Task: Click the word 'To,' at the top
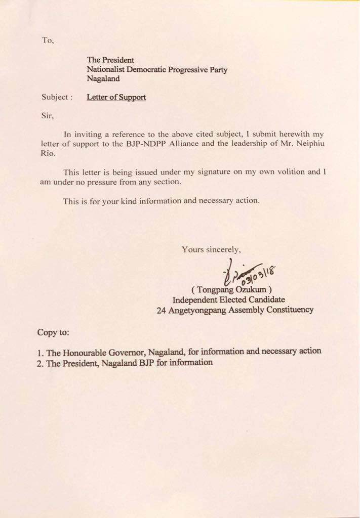pyautogui.click(x=48, y=41)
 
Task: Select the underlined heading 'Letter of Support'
pyautogui.click(x=116, y=97)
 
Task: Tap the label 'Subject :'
pyautogui.click(x=57, y=97)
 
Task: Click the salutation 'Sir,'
pyautogui.click(x=47, y=115)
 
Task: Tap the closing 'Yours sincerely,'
pyautogui.click(x=212, y=249)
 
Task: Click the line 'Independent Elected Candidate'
pyautogui.click(x=228, y=299)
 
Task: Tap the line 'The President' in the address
pyautogui.click(x=110, y=60)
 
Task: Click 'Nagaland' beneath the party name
pyautogui.click(x=103, y=79)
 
